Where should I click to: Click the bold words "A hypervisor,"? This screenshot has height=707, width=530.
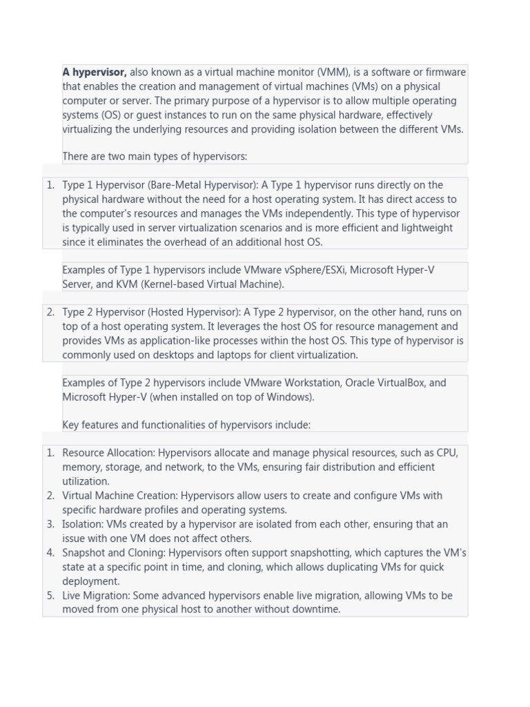95,72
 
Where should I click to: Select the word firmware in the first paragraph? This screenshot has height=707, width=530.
444,72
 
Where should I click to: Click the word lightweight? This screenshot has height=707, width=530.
421,228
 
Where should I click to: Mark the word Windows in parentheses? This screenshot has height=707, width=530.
290,397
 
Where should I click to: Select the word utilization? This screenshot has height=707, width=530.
86,481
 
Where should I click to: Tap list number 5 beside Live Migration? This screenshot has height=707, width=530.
50,595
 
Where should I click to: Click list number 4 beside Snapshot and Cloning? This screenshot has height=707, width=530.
50,552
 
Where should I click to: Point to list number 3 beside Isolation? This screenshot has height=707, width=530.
50,524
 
